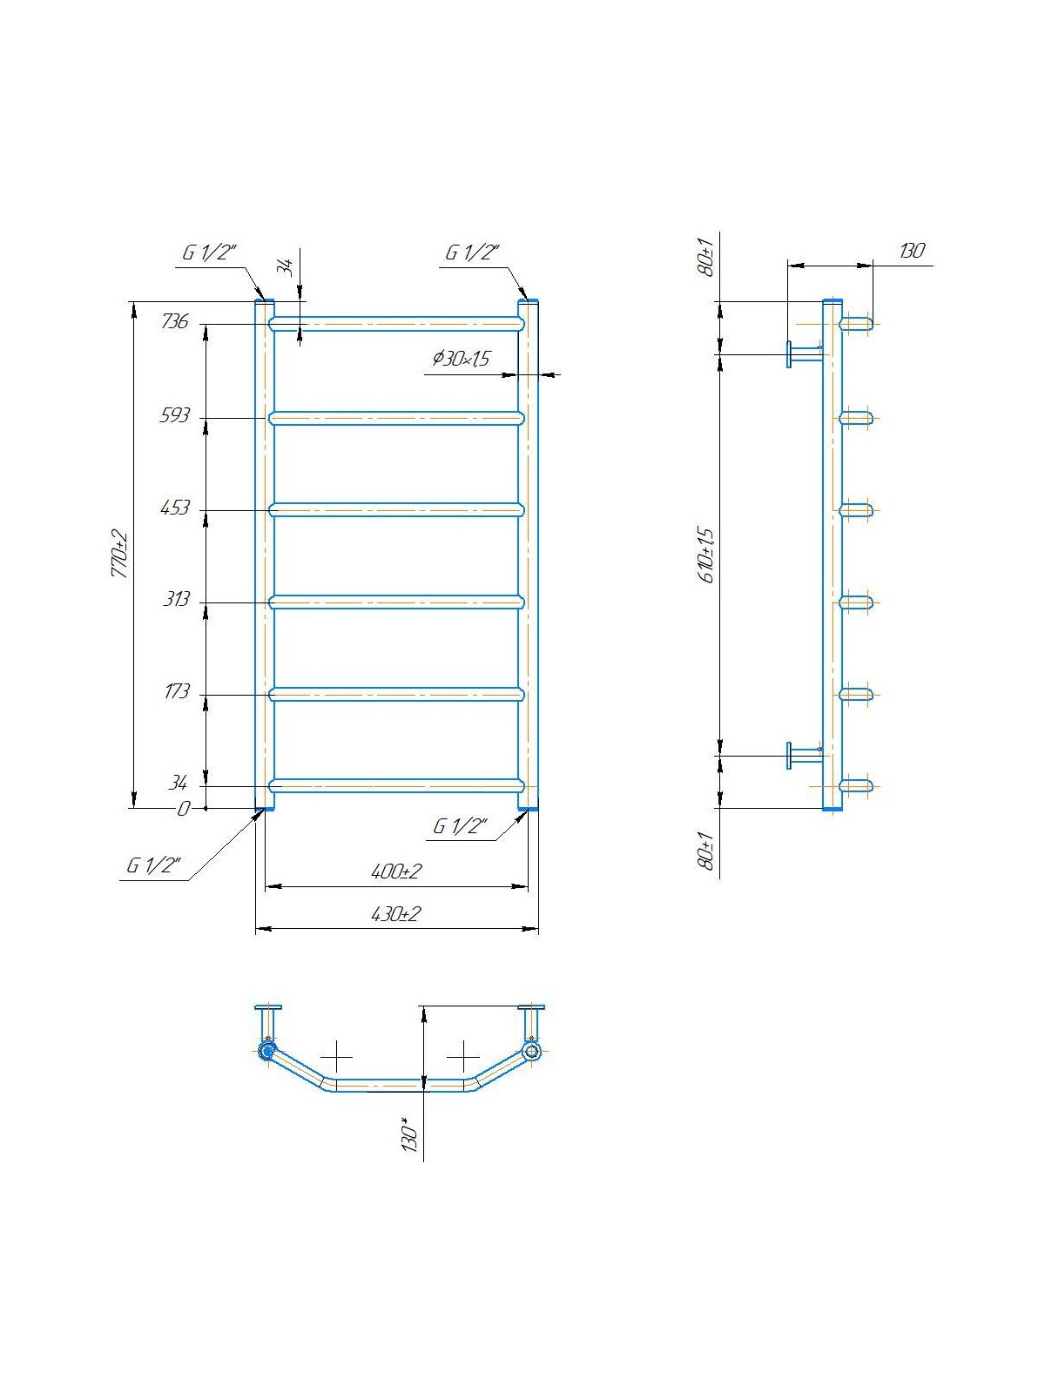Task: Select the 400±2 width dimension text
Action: pyautogui.click(x=396, y=871)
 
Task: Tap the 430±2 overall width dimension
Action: pyautogui.click(x=396, y=914)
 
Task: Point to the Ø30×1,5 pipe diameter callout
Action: pyautogui.click(x=462, y=359)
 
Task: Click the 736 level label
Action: pyautogui.click(x=174, y=322)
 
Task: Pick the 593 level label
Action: pyautogui.click(x=174, y=415)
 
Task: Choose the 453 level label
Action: pyautogui.click(x=174, y=508)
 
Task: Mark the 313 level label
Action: pyautogui.click(x=176, y=599)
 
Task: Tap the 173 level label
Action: pyautogui.click(x=177, y=691)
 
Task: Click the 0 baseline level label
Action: pyautogui.click(x=184, y=809)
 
